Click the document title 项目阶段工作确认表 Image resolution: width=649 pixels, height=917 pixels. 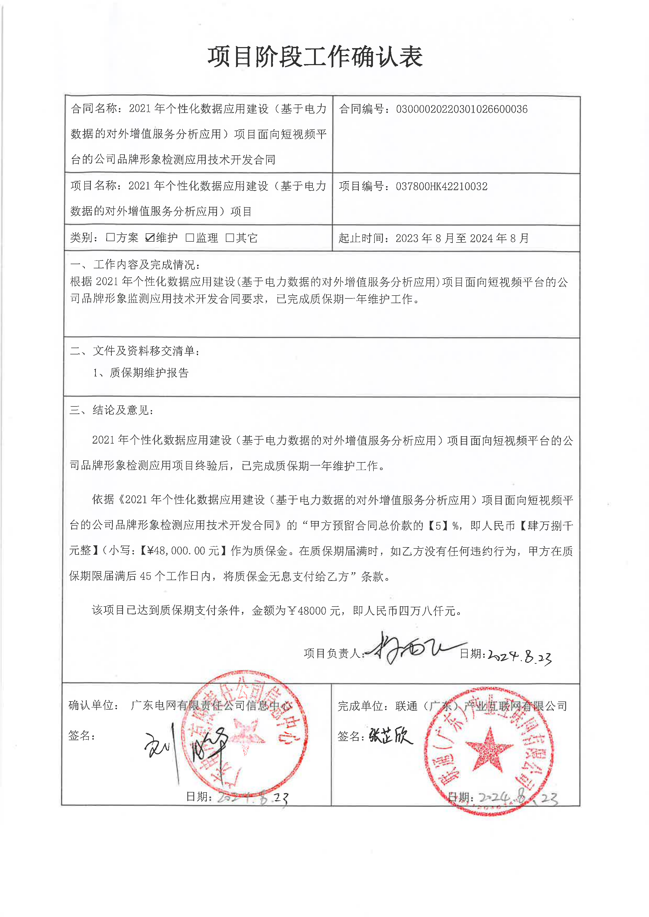[x=315, y=57]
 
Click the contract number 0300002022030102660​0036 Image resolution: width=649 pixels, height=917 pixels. [x=462, y=109]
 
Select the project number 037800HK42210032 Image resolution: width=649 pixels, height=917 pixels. [x=441, y=186]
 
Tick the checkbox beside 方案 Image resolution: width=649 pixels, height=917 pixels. [x=110, y=238]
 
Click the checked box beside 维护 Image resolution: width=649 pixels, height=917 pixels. [x=150, y=238]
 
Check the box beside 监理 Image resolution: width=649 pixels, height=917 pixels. [x=190, y=238]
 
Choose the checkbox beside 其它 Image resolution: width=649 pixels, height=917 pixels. [x=230, y=238]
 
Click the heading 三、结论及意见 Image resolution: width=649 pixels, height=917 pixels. [x=112, y=410]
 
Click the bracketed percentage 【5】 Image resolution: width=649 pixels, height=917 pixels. [x=438, y=526]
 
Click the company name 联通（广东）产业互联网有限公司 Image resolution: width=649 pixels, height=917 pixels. [x=481, y=706]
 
